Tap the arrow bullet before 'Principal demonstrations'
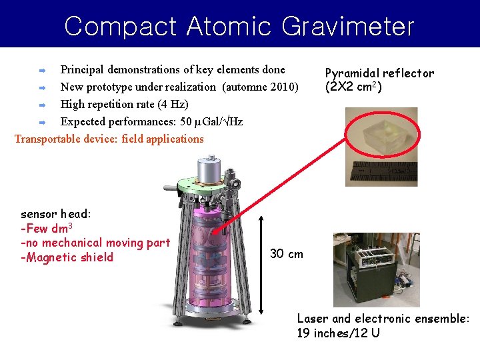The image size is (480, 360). (41, 69)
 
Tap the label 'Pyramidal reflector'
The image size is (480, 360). (379, 73)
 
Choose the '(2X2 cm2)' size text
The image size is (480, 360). (353, 87)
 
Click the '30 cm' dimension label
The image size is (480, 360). (286, 253)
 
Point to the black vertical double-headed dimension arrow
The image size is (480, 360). (261, 263)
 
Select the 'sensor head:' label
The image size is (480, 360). (56, 215)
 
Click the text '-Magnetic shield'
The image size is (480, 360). (67, 257)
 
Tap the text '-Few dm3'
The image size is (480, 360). (46, 229)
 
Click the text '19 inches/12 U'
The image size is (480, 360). (338, 333)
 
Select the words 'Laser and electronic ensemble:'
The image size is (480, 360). (383, 319)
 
